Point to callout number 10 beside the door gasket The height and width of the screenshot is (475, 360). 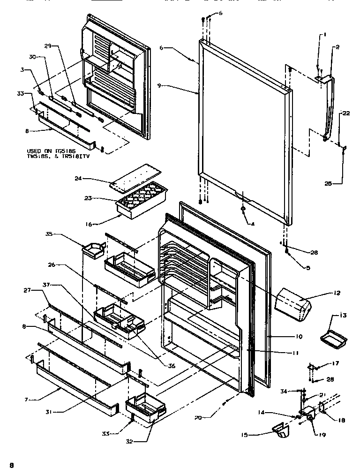pyautogui.click(x=299, y=336)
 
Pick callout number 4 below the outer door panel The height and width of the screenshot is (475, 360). pyautogui.click(x=252, y=224)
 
